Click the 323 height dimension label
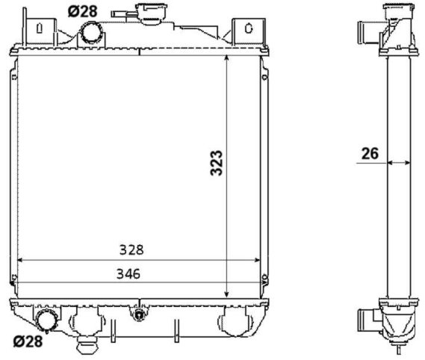pos(217,163)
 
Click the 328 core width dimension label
pos(131,249)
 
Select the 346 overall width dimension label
pos(128,274)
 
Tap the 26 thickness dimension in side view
pos(370,153)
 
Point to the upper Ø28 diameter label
pos(83,11)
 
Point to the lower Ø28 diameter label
pos(28,341)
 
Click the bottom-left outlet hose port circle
pos(46,320)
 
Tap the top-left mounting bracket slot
pos(40,28)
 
